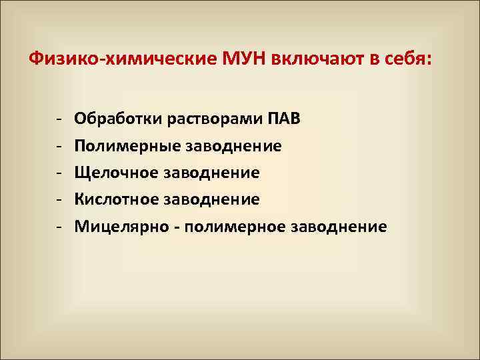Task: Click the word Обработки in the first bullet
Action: pyautogui.click(x=111, y=119)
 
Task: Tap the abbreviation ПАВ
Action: pyautogui.click(x=285, y=119)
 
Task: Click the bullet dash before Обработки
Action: pyautogui.click(x=59, y=119)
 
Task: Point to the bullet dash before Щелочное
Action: pyautogui.click(x=59, y=173)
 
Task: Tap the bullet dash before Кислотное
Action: pyautogui.click(x=59, y=200)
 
